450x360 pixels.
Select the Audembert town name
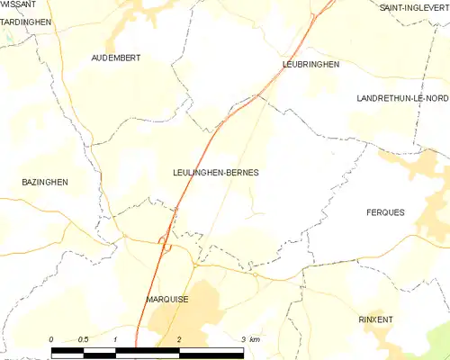116,58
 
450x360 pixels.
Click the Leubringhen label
310,65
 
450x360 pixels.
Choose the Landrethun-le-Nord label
402,97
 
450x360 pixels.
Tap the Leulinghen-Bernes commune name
215,172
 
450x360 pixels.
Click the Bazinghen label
45,182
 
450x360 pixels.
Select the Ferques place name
385,212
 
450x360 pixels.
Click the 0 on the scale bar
51,338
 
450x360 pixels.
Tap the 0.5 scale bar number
82,338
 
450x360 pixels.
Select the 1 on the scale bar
116,338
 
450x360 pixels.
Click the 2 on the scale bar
180,338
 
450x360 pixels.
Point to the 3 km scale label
250,338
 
